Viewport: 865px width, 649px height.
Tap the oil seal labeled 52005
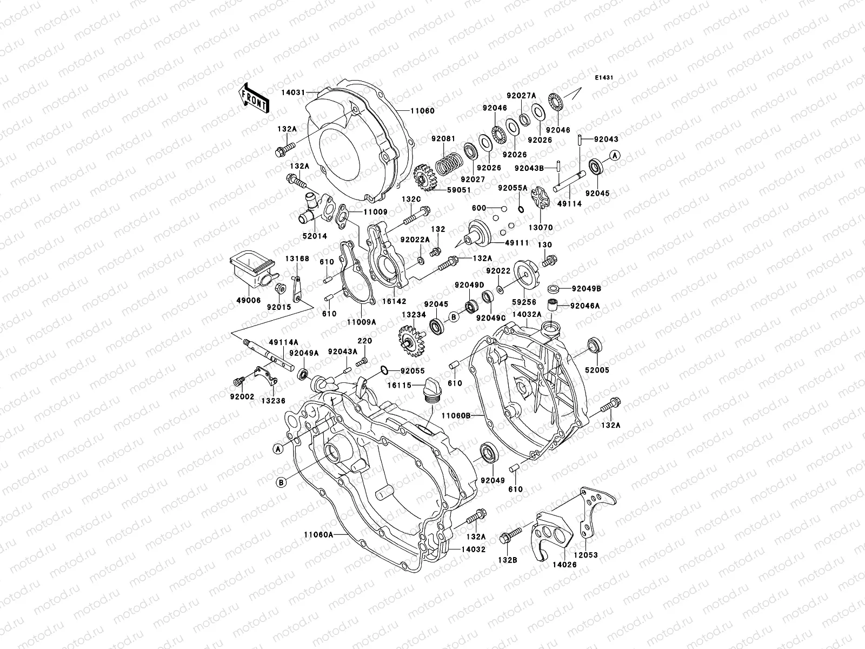[x=594, y=345]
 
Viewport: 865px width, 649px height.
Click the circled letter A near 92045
[x=615, y=155]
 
